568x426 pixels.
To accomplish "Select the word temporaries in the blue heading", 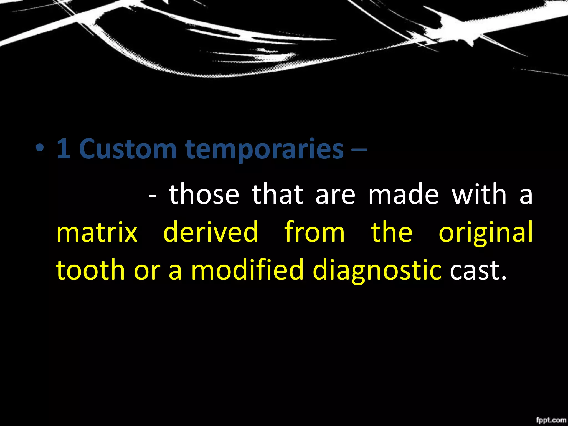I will [x=265, y=150].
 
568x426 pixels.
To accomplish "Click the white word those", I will [x=204, y=194].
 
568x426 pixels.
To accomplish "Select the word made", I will [x=404, y=194].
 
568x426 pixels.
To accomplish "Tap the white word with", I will [x=480, y=194].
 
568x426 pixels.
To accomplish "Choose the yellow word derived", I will [x=211, y=232].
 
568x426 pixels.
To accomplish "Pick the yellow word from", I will [x=315, y=232].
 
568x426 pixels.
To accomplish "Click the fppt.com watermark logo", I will [x=551, y=420].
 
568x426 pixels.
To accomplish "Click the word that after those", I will [x=277, y=194].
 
